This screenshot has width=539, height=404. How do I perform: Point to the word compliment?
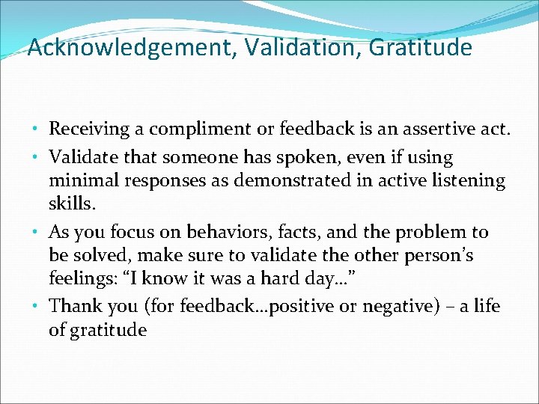192,129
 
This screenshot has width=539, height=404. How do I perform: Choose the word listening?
471,180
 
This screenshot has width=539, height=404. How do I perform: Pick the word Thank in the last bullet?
72,306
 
